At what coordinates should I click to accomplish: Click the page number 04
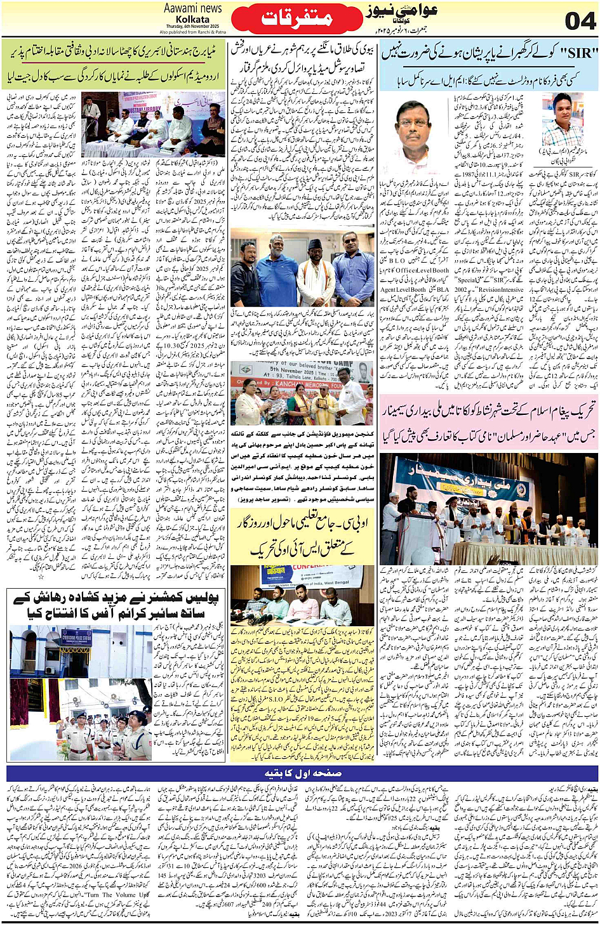click(579, 20)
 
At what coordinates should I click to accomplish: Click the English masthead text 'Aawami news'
click(192, 8)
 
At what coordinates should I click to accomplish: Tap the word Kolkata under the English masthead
click(192, 20)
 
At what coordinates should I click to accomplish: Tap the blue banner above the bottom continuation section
click(302, 773)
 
